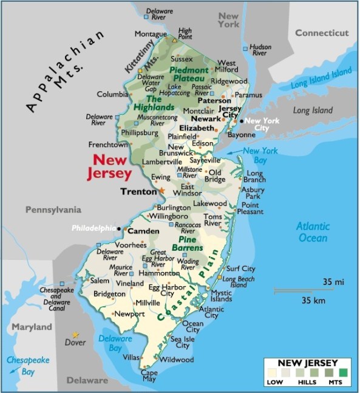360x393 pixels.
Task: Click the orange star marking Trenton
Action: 161,191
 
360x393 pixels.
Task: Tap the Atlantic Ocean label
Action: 313,232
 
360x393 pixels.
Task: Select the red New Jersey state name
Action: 112,166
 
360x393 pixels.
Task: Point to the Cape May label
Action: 149,376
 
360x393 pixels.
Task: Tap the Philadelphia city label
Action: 93,228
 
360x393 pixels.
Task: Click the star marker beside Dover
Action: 75,335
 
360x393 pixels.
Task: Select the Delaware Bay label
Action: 111,343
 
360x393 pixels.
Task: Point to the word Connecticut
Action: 322,33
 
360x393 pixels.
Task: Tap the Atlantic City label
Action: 211,312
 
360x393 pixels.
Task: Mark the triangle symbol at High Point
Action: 175,39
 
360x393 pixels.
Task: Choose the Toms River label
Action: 212,220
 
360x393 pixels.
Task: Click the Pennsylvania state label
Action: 53,210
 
